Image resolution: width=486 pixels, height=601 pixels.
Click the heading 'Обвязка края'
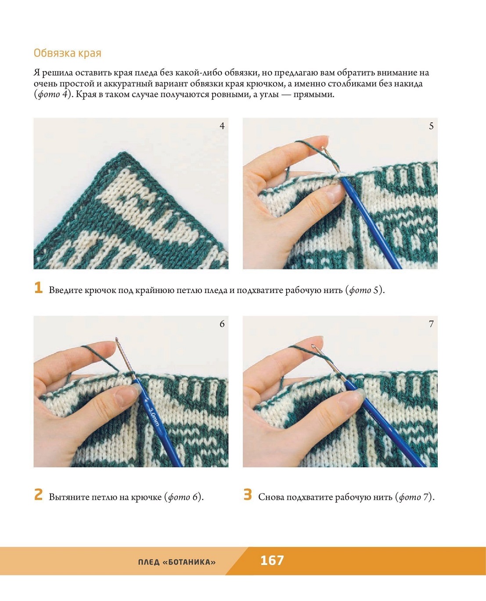coord(67,53)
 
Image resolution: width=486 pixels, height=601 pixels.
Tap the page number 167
coord(272,560)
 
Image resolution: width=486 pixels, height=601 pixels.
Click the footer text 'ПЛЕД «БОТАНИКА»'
coord(177,562)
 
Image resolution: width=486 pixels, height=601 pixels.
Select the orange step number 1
coord(38,287)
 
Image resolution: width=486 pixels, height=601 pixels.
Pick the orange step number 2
coord(38,494)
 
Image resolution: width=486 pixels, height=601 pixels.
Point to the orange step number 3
coord(248,494)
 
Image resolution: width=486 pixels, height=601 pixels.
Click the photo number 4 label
coord(222,126)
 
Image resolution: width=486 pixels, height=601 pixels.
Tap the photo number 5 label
coord(431,126)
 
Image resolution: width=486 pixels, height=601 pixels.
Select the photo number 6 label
coord(222,324)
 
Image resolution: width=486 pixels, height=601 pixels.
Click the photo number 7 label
coord(431,324)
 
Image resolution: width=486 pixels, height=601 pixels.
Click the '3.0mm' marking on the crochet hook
coord(154,417)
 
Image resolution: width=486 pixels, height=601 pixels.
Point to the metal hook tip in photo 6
coord(116,338)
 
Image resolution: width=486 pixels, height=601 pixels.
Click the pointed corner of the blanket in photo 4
coord(125,152)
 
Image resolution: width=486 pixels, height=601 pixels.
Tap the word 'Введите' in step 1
coord(65,290)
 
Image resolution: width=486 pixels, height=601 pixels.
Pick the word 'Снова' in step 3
coord(271,497)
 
